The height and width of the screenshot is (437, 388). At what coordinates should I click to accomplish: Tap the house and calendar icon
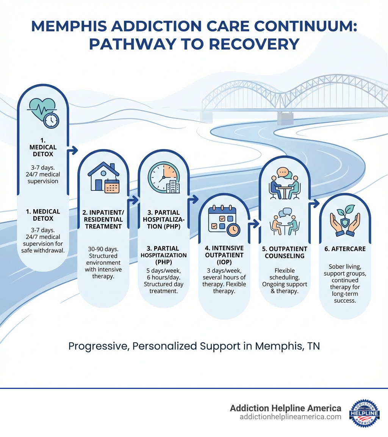point(103,178)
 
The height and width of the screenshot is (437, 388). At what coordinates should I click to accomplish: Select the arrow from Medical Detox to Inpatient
point(72,151)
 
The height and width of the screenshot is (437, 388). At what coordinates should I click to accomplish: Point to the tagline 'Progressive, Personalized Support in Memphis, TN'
point(194,346)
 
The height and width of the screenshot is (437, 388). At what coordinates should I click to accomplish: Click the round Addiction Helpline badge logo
point(364,413)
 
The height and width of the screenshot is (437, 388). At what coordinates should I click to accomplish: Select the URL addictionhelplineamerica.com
point(290,417)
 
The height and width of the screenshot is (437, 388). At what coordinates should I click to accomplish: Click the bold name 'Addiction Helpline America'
point(286,408)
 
